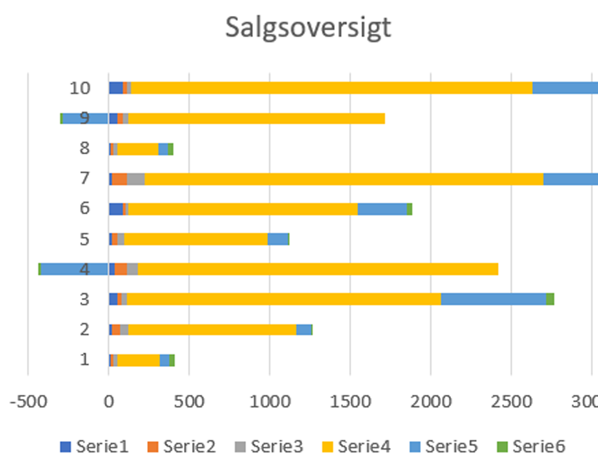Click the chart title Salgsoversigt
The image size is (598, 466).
point(307,27)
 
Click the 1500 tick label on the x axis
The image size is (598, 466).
point(350,401)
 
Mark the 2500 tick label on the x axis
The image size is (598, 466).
point(511,401)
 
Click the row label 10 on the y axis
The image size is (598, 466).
point(80,89)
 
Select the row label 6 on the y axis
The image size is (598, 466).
point(85,208)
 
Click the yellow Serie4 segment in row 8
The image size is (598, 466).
point(138,149)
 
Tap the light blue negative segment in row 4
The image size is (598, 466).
point(75,269)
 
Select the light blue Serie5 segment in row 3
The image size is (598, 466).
point(493,299)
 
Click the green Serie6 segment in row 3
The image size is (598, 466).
point(550,299)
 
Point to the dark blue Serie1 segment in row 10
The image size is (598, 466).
point(116,88)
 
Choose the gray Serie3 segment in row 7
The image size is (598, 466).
point(136,179)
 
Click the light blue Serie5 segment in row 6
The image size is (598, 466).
point(382,209)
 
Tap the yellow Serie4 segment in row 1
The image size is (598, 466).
point(138,360)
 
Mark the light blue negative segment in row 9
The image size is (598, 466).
point(85,118)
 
